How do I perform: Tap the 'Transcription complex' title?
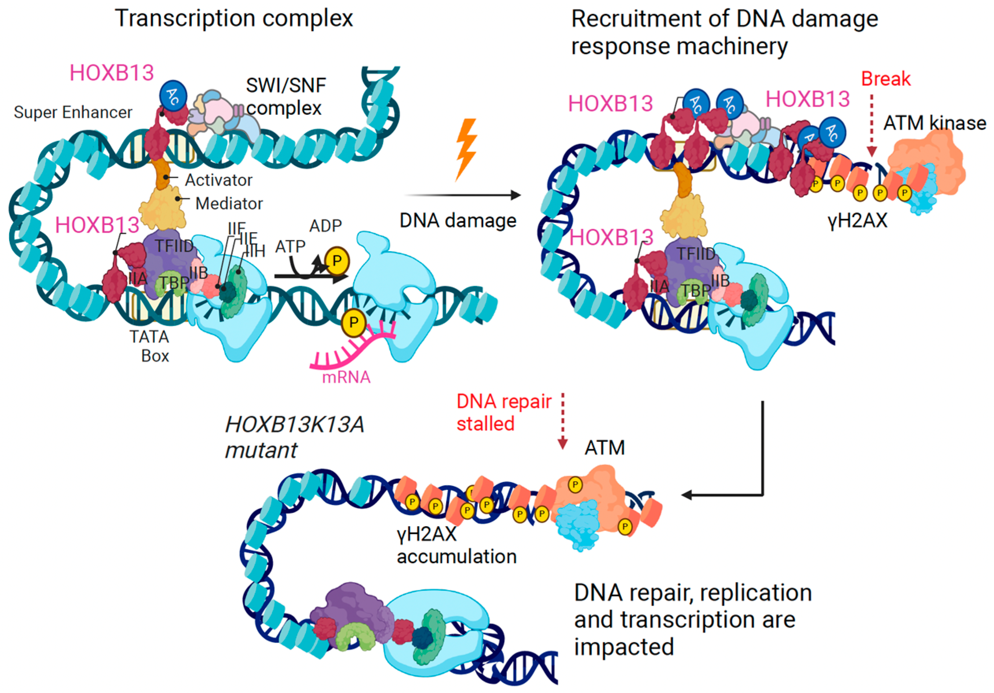click(x=234, y=19)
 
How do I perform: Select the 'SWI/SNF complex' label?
click(x=285, y=96)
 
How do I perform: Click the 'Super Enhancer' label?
click(x=73, y=113)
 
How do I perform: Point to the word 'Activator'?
click(x=218, y=180)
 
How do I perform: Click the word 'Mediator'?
click(x=229, y=203)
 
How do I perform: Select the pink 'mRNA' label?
click(x=346, y=377)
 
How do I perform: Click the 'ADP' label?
click(x=326, y=225)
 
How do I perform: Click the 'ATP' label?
click(x=290, y=247)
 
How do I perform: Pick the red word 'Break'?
click(x=885, y=79)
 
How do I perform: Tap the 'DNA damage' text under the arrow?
click(x=457, y=221)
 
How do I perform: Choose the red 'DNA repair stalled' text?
click(x=503, y=412)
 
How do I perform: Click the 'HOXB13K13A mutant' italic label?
click(x=294, y=437)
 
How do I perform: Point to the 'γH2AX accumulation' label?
click(x=456, y=545)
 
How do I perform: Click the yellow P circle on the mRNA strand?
click(x=354, y=322)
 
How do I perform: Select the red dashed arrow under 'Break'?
click(x=872, y=126)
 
